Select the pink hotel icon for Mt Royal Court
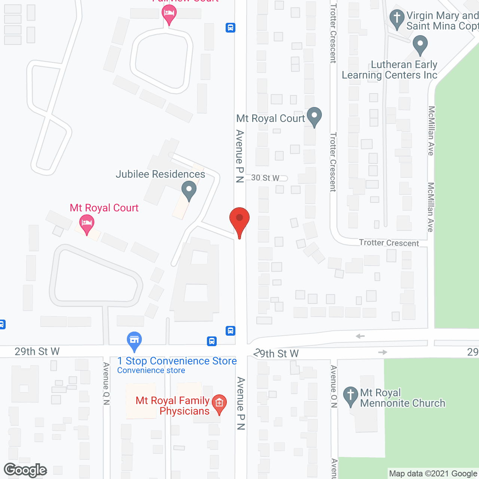87,223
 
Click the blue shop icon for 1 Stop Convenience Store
134,341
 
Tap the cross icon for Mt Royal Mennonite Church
351,396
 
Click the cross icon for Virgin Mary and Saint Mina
397,18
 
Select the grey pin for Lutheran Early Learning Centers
420,45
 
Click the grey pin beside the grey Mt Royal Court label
314,116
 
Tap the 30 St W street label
265,178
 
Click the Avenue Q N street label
107,384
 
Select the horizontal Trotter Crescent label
389,243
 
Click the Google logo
25,470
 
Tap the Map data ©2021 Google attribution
433,474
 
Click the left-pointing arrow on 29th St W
360,336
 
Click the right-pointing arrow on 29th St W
382,352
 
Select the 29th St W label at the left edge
37,351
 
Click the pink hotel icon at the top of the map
169,14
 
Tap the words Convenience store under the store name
151,370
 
